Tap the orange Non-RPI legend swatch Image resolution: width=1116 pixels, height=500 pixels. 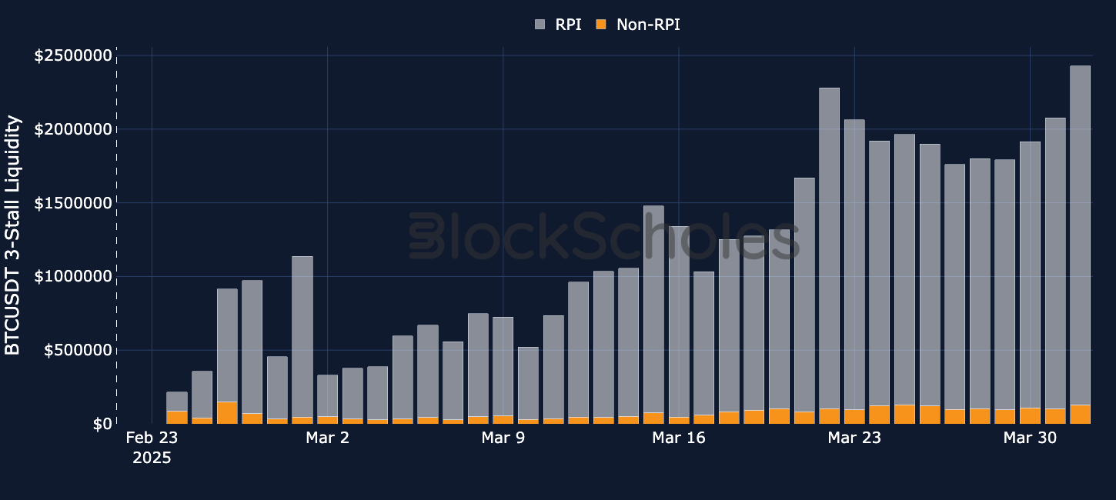pos(601,25)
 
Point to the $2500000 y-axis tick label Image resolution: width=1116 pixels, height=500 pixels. pos(72,55)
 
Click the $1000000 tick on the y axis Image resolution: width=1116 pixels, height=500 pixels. pos(72,276)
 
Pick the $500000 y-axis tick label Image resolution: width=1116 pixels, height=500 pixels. pos(77,350)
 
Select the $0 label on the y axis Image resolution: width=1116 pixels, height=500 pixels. pos(101,424)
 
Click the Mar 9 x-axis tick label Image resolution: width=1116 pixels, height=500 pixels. pos(503,438)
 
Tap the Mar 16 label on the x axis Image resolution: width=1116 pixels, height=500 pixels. pos(678,438)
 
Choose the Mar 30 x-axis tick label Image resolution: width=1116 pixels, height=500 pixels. pos(1030,438)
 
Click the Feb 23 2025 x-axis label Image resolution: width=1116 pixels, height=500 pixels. pos(152,448)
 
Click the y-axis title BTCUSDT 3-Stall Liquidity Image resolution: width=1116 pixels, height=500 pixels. pos(13,235)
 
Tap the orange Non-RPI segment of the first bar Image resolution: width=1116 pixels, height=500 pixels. pos(177,417)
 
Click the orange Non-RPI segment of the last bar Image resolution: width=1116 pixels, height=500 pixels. pos(1080,414)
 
